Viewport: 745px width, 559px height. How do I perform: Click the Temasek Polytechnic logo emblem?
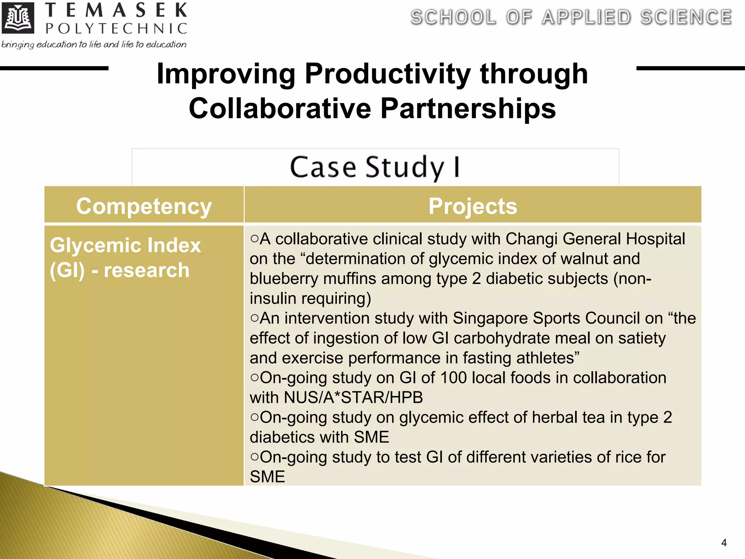coord(18,18)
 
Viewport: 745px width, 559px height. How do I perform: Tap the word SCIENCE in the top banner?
coord(686,17)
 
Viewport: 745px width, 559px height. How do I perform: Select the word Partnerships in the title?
coord(468,108)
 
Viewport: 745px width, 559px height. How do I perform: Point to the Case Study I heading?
coord(375,167)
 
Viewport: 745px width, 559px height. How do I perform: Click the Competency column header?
coord(144,206)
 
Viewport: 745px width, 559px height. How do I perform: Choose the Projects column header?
coord(472,206)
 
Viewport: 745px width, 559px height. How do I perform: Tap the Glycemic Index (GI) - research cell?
coord(125,257)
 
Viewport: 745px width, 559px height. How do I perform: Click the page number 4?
coord(724,543)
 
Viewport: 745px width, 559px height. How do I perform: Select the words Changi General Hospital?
coord(595,239)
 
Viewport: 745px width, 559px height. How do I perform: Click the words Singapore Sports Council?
coord(546,318)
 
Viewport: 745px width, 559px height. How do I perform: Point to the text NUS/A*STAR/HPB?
coord(353,397)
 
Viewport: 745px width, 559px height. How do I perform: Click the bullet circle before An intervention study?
coord(254,318)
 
